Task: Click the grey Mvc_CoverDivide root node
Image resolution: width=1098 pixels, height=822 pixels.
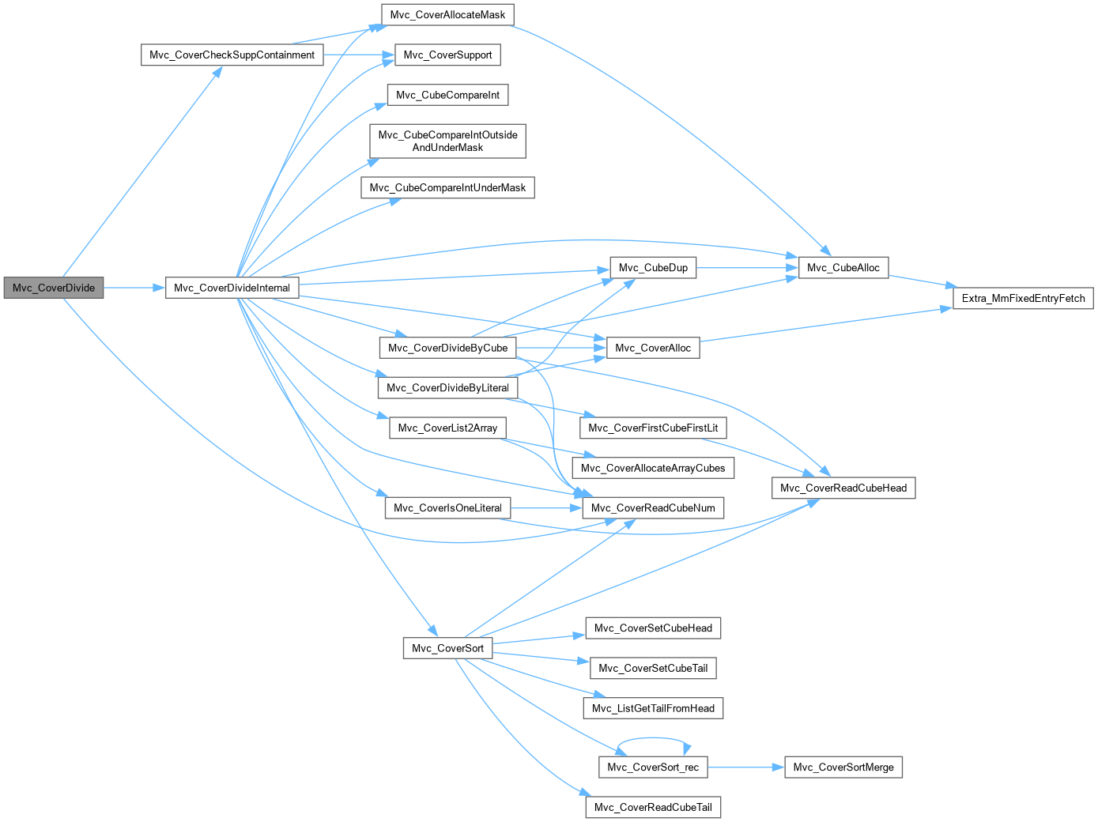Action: click(53, 288)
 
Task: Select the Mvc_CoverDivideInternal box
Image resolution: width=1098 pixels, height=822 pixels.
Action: click(232, 288)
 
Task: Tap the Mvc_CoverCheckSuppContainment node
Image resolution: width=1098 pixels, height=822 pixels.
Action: click(232, 55)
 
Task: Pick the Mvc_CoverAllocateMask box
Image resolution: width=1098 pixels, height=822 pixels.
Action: click(447, 15)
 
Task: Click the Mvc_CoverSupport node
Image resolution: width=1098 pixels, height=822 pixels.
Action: click(447, 55)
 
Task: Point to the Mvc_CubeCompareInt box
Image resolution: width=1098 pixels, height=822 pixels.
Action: click(447, 95)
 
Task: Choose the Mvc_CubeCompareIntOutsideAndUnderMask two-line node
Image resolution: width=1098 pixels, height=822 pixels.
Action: click(447, 141)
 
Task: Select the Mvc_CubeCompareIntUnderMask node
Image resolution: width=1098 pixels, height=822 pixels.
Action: click(447, 188)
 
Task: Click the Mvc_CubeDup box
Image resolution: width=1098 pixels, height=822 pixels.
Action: click(653, 268)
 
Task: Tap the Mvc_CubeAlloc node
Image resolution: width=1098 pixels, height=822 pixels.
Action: click(843, 268)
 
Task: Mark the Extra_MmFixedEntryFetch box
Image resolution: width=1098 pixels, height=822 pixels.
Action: click(1023, 298)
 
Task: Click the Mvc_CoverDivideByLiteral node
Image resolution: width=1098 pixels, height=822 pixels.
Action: click(447, 388)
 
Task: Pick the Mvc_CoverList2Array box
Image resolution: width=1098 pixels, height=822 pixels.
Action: click(447, 428)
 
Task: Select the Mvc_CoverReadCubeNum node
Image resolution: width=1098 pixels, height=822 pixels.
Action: click(653, 508)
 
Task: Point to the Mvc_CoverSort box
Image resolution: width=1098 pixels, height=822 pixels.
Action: click(447, 648)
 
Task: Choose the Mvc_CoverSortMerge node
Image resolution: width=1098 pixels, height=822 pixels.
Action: click(843, 767)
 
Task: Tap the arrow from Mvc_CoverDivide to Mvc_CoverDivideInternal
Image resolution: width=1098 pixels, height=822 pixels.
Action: click(134, 288)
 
